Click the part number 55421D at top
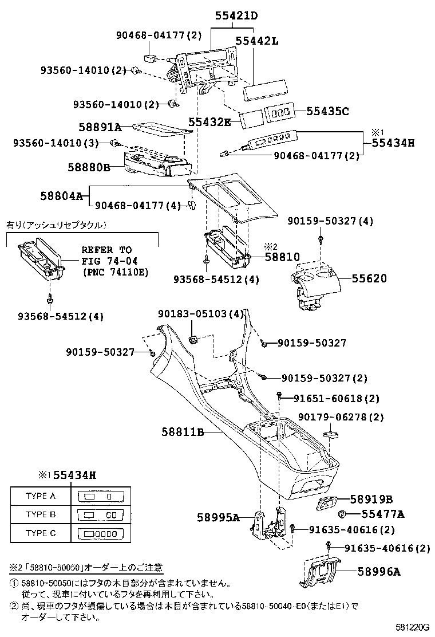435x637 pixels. click(x=236, y=17)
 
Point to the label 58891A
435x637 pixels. click(x=100, y=127)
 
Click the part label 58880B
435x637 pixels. click(x=89, y=167)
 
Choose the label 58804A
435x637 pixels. click(x=61, y=196)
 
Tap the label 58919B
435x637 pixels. click(x=371, y=499)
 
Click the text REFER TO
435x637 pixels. click(x=106, y=250)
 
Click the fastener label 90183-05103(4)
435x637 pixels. click(x=201, y=314)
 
